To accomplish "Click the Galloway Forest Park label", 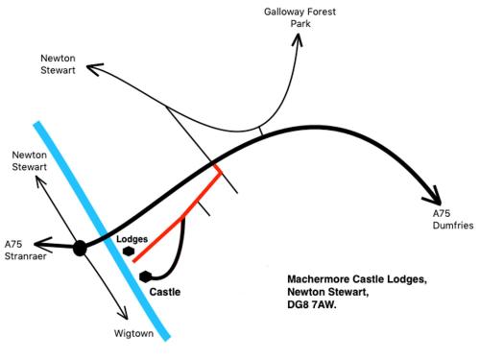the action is (x=300, y=17).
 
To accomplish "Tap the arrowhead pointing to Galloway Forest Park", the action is (x=298, y=40).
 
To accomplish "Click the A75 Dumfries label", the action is (x=453, y=219).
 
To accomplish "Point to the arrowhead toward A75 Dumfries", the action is (x=434, y=196).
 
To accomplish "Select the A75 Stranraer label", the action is (x=25, y=251).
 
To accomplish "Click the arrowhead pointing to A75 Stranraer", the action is (x=43, y=245).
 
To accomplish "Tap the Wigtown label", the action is (x=133, y=333).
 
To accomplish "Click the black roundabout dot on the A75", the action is (x=80, y=249).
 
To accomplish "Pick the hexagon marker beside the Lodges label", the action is (x=129, y=252).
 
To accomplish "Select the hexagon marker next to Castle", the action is (x=146, y=276).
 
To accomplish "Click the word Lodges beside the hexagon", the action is (x=132, y=239).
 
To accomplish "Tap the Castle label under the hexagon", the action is (x=165, y=292).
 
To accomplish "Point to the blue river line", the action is (x=102, y=231).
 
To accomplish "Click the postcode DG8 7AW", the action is (x=312, y=304).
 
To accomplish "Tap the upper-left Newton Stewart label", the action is (x=58, y=64).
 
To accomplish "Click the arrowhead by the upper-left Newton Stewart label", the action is (x=94, y=68).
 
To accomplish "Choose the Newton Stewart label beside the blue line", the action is (x=29, y=161).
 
